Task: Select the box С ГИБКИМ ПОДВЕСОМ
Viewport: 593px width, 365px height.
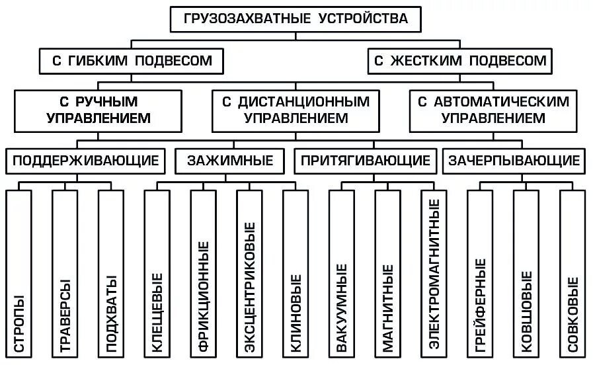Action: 132,61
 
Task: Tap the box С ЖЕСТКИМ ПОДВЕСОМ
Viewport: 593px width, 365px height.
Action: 460,61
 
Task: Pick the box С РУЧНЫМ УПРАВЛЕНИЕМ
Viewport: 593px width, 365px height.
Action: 99,110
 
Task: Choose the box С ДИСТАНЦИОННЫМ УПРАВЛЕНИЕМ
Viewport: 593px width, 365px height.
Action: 296,110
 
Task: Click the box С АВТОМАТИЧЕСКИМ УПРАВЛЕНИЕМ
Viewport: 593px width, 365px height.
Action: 493,110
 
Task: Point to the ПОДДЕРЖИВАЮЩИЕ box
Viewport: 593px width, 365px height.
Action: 86,160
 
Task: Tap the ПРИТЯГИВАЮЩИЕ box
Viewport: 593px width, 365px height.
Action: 366,160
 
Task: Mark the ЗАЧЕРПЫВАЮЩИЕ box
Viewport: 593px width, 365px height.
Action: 514,160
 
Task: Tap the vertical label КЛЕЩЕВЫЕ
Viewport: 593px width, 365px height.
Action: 157,311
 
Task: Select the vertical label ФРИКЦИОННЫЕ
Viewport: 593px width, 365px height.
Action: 204,296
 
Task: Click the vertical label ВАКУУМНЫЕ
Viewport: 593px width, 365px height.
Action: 342,307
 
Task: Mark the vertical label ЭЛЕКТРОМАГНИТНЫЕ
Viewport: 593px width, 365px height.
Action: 434,273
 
